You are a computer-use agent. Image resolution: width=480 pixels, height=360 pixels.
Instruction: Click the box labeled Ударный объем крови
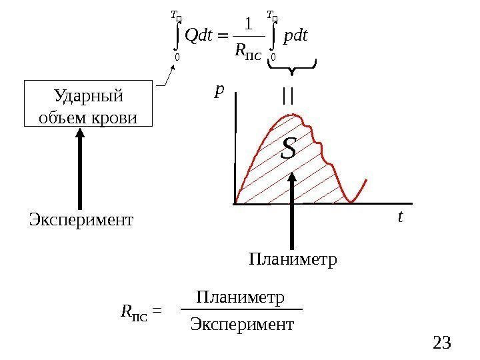coord(88,105)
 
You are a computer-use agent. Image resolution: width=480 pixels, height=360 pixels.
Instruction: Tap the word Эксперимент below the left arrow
coord(81,219)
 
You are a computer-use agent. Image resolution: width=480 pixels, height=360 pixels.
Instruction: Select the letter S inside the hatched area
coord(288,148)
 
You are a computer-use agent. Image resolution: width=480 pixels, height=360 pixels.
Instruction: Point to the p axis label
coord(219,90)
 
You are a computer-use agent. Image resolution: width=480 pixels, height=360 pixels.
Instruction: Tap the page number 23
coord(442,343)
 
